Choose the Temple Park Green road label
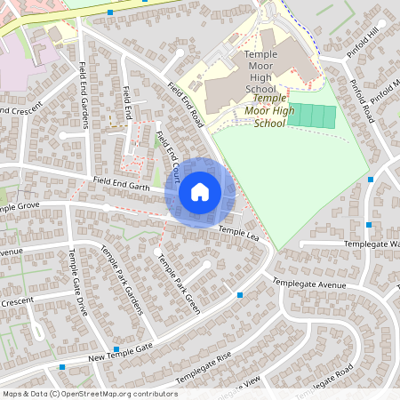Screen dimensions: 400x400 179,279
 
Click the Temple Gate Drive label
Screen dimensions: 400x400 78,283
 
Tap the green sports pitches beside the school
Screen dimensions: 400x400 312,116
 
